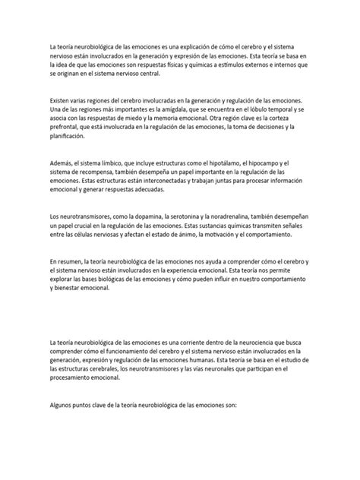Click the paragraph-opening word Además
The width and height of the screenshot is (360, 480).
[x=62, y=163]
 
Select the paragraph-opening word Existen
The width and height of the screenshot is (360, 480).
[x=62, y=101]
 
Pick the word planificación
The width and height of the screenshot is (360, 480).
[x=70, y=137]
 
